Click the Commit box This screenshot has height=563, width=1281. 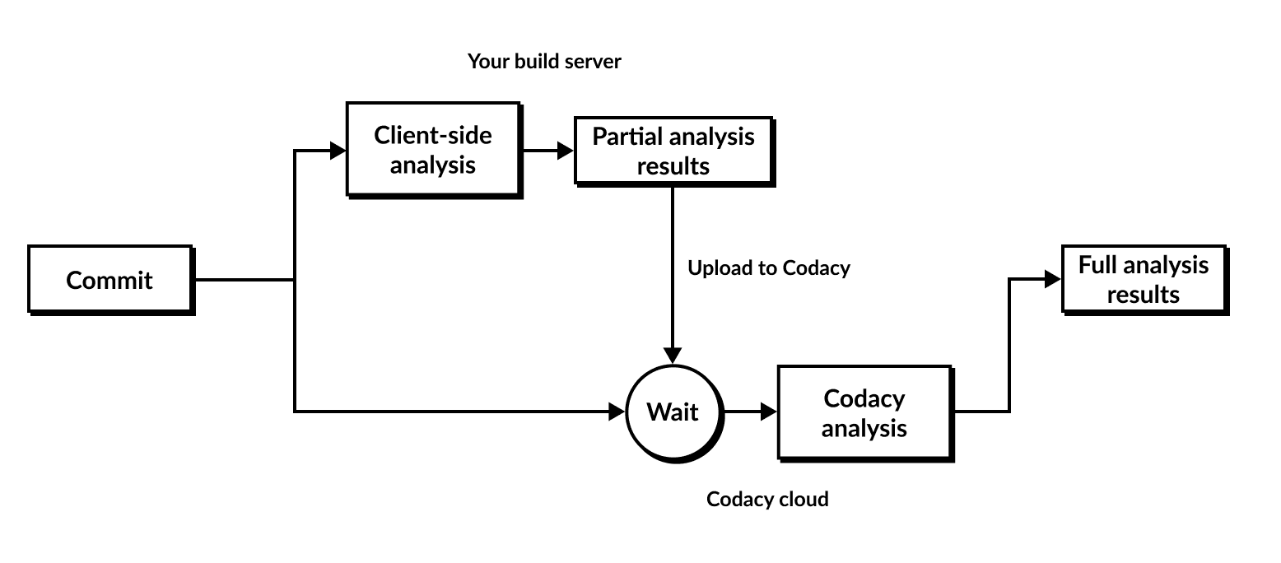coord(110,280)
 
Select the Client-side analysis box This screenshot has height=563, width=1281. coord(433,149)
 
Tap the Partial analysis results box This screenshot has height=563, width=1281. coord(673,151)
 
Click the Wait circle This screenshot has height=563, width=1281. coord(673,412)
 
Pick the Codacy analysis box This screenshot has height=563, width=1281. coord(864,412)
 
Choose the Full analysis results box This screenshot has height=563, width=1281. coord(1144,279)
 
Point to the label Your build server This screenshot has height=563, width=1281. coord(544,61)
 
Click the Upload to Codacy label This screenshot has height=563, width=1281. coord(768,268)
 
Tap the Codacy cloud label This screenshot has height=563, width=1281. coord(767,499)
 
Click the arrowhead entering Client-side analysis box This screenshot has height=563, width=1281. coord(338,151)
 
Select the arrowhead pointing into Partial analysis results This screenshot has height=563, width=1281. coord(566,151)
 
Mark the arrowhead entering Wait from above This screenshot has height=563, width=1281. coord(673,355)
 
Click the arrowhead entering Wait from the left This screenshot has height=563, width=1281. coord(617,412)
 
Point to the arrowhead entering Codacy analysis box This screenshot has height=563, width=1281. coord(769,412)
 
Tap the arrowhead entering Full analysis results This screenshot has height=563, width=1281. coord(1053,280)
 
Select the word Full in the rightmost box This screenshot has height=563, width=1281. coord(1096,265)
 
